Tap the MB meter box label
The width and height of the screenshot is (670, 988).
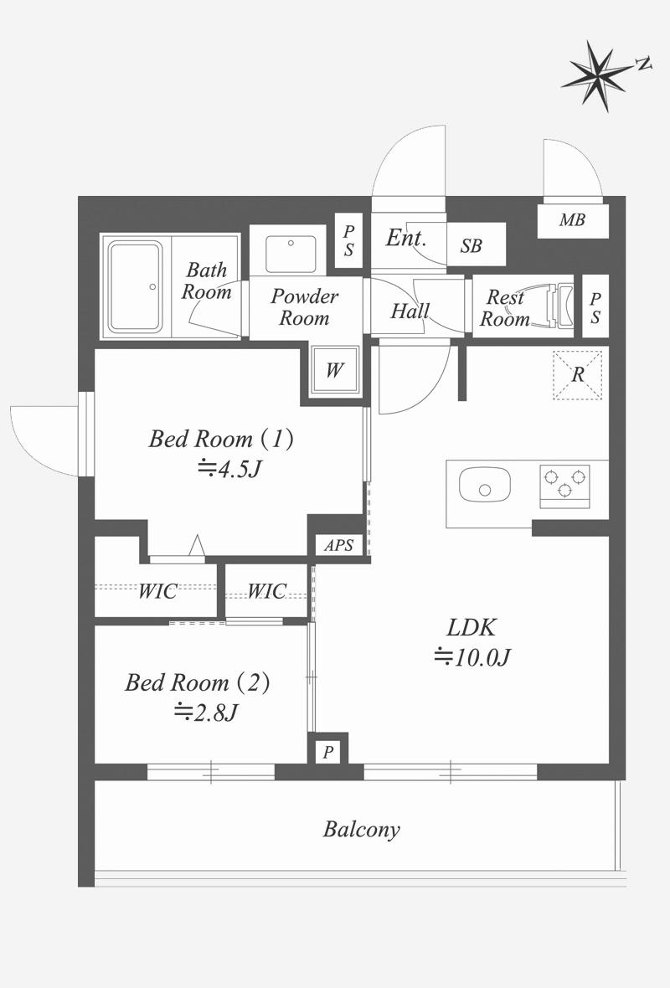pyautogui.click(x=572, y=220)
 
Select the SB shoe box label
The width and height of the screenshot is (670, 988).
pyautogui.click(x=472, y=245)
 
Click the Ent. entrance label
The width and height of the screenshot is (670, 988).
pyautogui.click(x=406, y=238)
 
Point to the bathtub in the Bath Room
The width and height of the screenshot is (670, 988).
pyautogui.click(x=135, y=286)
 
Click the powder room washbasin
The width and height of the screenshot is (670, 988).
pyautogui.click(x=291, y=254)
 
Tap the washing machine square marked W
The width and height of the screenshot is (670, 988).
pyautogui.click(x=334, y=370)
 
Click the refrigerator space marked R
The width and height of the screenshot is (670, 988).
pyautogui.click(x=577, y=375)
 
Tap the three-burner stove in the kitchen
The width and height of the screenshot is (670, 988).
pyautogui.click(x=564, y=486)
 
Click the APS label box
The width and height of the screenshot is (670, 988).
pyautogui.click(x=338, y=545)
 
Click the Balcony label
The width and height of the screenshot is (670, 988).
pyautogui.click(x=362, y=829)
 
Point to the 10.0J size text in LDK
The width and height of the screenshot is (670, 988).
pyautogui.click(x=472, y=657)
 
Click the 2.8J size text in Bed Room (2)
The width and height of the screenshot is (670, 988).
pyautogui.click(x=206, y=713)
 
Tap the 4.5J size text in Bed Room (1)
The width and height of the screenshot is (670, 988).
pyautogui.click(x=229, y=469)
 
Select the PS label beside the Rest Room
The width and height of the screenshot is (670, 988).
pyautogui.click(x=595, y=307)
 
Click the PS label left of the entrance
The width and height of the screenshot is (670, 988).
pyautogui.click(x=348, y=240)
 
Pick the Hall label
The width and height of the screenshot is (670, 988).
pyautogui.click(x=410, y=311)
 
